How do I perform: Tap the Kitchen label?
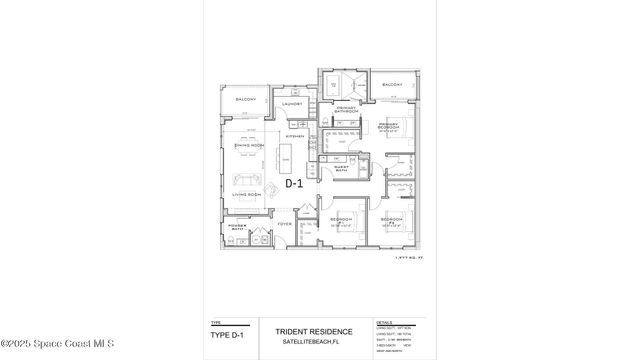pyautogui.click(x=294, y=136)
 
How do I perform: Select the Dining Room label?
pyautogui.click(x=248, y=147)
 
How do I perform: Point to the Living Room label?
pyautogui.click(x=247, y=194)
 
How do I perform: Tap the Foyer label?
pyautogui.click(x=284, y=224)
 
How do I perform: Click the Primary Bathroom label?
pyautogui.click(x=346, y=109)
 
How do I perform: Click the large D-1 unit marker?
pyautogui.click(x=295, y=184)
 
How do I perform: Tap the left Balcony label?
pyautogui.click(x=246, y=100)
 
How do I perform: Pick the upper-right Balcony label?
pyautogui.click(x=392, y=85)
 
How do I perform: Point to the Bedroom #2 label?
pyautogui.click(x=391, y=218)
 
